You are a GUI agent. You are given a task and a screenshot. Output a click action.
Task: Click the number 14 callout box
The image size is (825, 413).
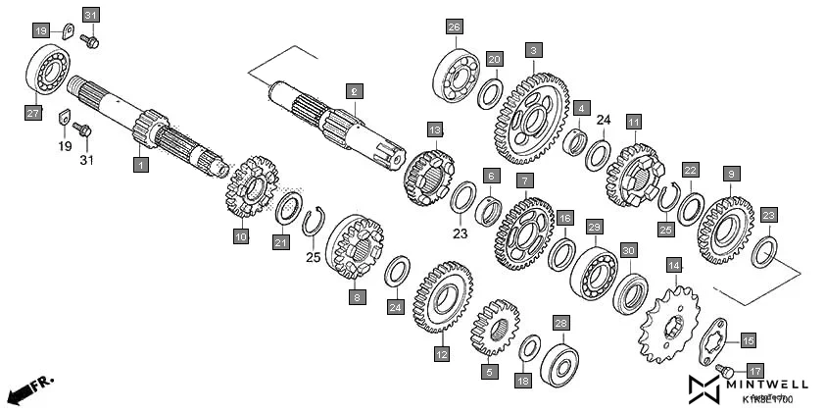tap(673, 265)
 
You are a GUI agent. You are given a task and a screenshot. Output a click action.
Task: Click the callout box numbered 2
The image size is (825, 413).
tap(355, 90)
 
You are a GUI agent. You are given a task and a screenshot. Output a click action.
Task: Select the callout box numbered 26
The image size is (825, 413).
tap(454, 26)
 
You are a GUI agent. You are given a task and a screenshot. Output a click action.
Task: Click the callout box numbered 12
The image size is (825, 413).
tap(442, 353)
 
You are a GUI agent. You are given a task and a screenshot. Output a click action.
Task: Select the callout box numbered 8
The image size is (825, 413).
tap(357, 296)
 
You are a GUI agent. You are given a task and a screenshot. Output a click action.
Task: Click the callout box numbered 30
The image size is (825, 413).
tap(628, 250)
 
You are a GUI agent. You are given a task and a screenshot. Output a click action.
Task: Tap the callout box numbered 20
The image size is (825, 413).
tap(495, 59)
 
